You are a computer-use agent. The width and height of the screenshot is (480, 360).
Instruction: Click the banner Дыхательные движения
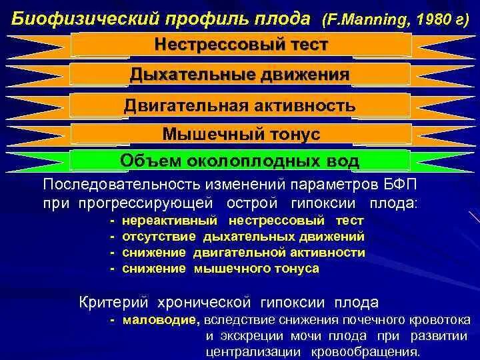tap(240, 75)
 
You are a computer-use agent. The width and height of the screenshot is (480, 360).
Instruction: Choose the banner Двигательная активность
tap(240, 106)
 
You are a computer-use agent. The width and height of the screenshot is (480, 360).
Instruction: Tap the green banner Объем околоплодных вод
tap(240, 161)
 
